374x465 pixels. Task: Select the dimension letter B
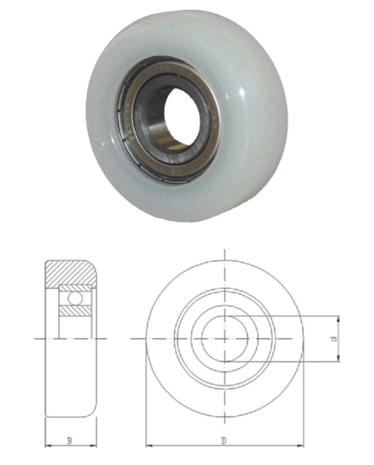click(69, 440)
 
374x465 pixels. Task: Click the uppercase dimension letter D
click(224, 440)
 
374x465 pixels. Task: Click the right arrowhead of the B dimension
click(95, 445)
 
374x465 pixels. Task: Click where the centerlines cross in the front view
click(225, 339)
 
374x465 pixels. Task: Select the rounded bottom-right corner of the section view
click(94, 413)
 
